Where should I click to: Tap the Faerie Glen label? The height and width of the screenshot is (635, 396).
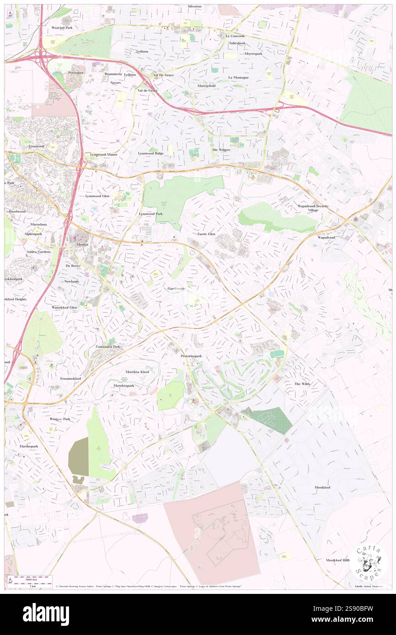click(206, 234)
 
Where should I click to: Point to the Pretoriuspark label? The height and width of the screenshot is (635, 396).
click(194, 355)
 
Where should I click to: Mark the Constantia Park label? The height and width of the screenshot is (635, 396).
click(108, 347)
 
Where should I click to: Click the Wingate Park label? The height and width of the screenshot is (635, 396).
click(60, 419)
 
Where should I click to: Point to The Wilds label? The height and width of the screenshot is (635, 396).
click(302, 384)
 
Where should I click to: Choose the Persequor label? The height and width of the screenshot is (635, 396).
click(76, 73)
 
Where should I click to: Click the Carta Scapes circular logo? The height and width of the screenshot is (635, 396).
click(369, 562)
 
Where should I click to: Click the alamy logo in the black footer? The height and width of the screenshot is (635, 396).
click(46, 614)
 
